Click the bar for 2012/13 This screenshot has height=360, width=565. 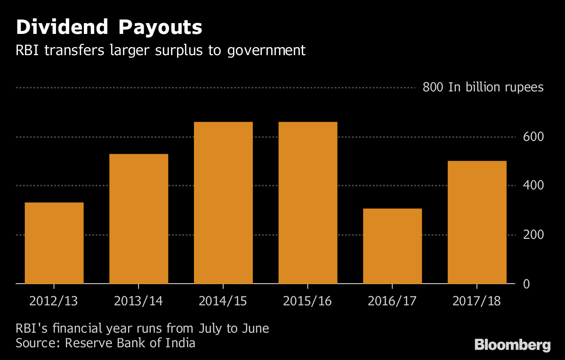point(54,243)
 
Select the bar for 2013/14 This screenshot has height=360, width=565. point(138,219)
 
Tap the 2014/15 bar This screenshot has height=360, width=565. point(223,203)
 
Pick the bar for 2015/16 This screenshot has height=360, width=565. point(308,203)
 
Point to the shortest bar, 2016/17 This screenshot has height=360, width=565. point(392,246)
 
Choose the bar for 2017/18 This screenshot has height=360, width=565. point(477,222)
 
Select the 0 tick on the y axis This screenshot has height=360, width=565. point(526,284)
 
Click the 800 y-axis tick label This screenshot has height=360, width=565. point(432,88)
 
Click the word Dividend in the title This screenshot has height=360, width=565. point(61,28)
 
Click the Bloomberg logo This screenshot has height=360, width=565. point(512,345)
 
